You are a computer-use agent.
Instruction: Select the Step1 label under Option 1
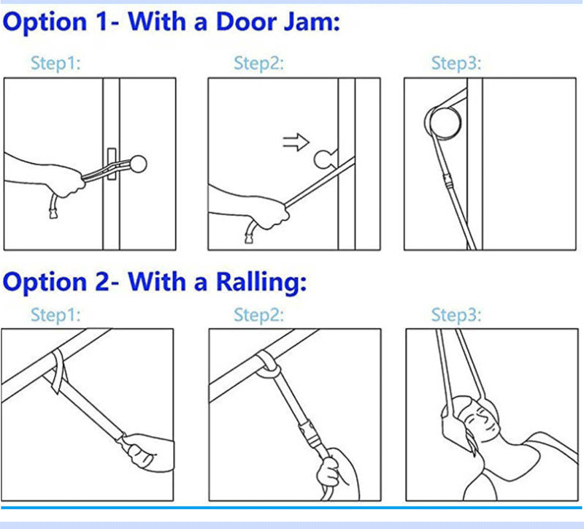coord(55,64)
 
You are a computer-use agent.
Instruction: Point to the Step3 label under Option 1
coord(456,64)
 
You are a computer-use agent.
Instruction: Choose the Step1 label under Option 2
coord(55,316)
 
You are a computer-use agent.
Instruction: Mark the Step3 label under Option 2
coord(456,316)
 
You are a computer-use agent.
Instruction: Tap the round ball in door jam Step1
coord(137,161)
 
